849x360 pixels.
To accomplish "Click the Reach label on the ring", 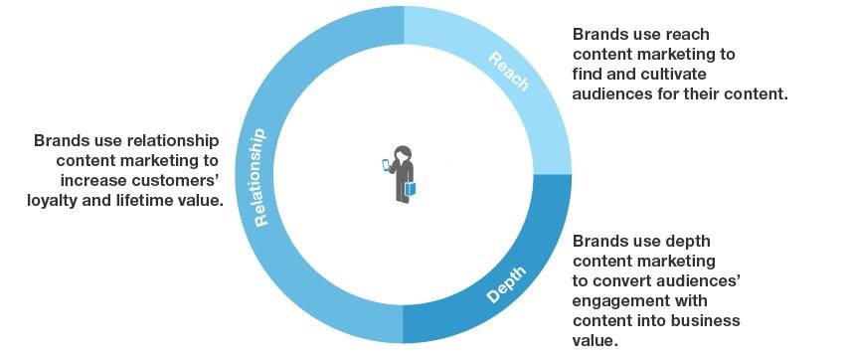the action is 508,72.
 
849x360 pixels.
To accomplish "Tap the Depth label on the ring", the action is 506,283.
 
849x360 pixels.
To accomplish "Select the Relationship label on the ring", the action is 260,177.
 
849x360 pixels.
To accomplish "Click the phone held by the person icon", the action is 386,164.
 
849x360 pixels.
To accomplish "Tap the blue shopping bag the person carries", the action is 411,189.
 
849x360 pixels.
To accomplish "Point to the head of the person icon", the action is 402,153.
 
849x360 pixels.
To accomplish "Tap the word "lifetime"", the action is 150,200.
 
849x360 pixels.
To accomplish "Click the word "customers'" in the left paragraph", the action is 182,181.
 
